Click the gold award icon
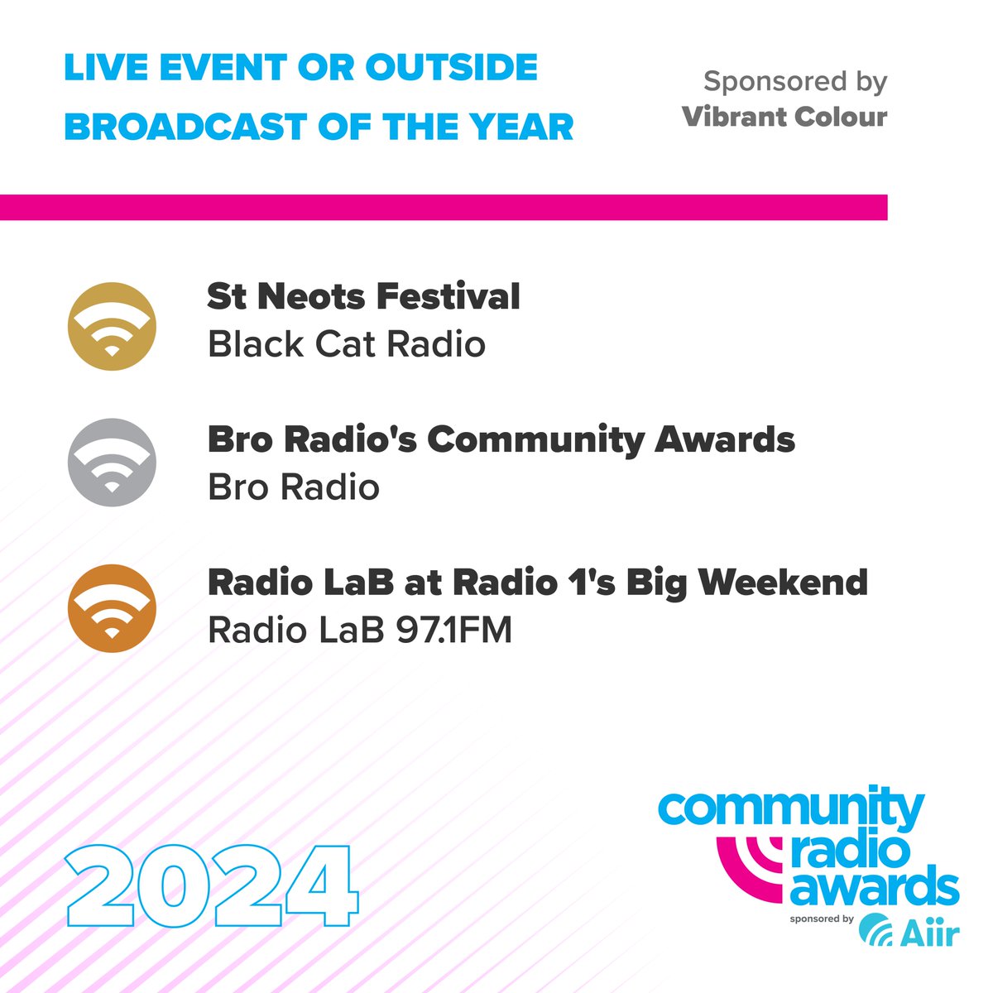coord(112,325)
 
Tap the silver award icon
coord(112,463)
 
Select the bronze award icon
coord(112,608)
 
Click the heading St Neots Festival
coord(363,297)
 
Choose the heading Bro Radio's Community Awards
coord(501,440)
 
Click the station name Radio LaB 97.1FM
coord(359,631)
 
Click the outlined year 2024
coord(212,886)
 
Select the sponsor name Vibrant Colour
coord(784,117)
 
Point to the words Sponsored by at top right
coord(794,82)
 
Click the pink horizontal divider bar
coord(444,208)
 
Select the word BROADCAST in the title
coord(185,127)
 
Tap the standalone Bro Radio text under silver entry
coord(293,487)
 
